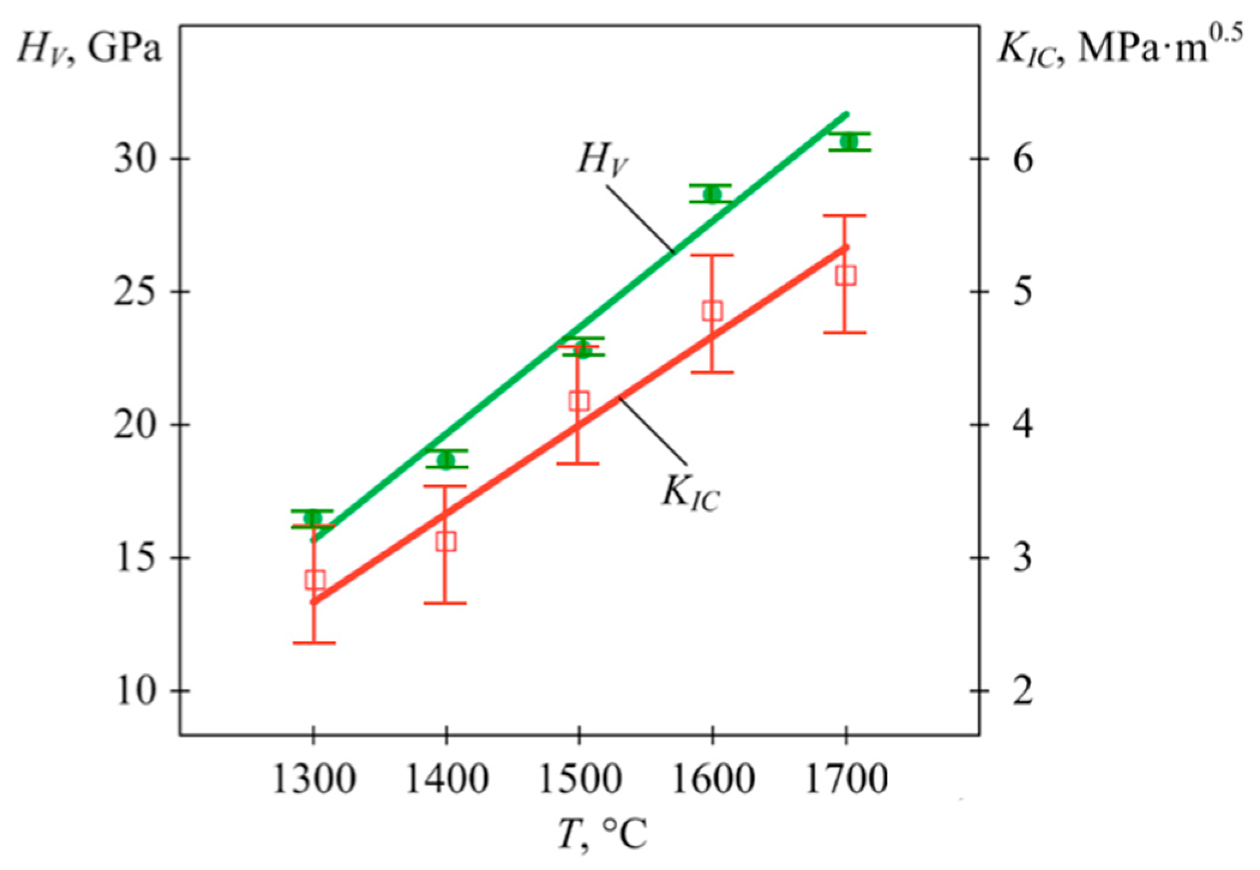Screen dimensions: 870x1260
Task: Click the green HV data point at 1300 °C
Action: pos(312,518)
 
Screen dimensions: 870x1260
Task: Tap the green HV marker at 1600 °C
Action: pos(712,194)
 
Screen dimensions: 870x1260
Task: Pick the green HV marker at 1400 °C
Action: pos(446,459)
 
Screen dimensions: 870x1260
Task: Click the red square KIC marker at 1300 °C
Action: pos(315,580)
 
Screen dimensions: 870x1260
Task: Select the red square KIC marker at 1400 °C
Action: pos(446,541)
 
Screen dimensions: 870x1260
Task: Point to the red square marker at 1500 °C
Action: pos(579,401)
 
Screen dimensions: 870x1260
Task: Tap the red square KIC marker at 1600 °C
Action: pos(712,311)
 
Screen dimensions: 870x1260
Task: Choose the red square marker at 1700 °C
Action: pos(846,275)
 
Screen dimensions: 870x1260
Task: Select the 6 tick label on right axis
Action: pos(1023,159)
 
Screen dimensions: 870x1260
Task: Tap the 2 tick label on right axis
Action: pos(1023,690)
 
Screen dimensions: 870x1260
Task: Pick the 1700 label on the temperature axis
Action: pos(846,780)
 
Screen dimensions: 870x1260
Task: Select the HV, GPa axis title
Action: pos(90,48)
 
